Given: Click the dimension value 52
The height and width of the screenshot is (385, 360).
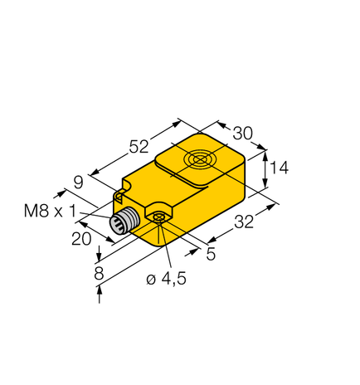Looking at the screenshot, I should (x=139, y=147).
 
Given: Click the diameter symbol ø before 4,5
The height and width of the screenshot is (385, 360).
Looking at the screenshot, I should (x=150, y=280).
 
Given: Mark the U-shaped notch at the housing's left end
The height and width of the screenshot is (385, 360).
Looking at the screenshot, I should (x=120, y=197).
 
